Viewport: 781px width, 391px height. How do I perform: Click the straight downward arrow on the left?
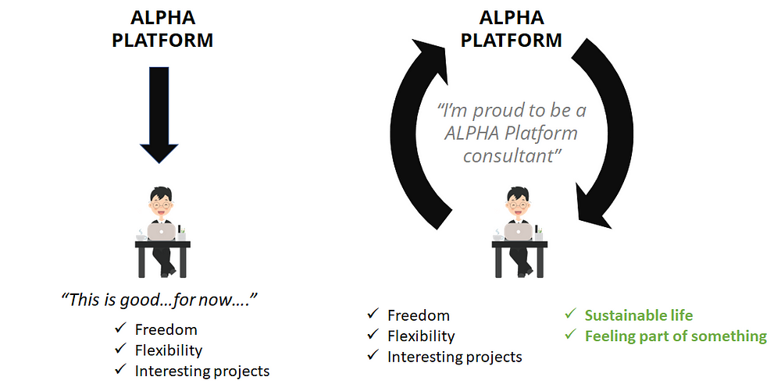(159, 117)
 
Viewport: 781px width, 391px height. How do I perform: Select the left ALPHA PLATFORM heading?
(162, 29)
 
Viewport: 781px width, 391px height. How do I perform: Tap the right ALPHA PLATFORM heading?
(512, 29)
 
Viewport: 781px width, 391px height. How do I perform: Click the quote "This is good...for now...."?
(159, 299)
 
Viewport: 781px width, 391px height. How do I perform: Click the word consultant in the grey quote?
(512, 155)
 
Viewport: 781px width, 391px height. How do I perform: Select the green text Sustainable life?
(639, 315)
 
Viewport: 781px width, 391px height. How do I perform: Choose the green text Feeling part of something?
(676, 336)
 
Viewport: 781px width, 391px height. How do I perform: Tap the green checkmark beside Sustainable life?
(571, 315)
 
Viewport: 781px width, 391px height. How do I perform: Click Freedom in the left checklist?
(166, 329)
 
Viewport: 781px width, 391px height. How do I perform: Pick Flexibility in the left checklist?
(168, 350)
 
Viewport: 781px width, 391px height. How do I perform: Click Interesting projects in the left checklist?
(201, 371)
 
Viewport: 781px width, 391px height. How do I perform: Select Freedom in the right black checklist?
(419, 315)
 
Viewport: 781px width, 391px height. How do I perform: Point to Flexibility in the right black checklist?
(421, 336)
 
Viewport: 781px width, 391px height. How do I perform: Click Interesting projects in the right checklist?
(455, 357)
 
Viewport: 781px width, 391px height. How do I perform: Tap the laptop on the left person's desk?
(162, 231)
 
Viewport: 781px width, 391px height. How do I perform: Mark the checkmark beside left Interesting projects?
(120, 371)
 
